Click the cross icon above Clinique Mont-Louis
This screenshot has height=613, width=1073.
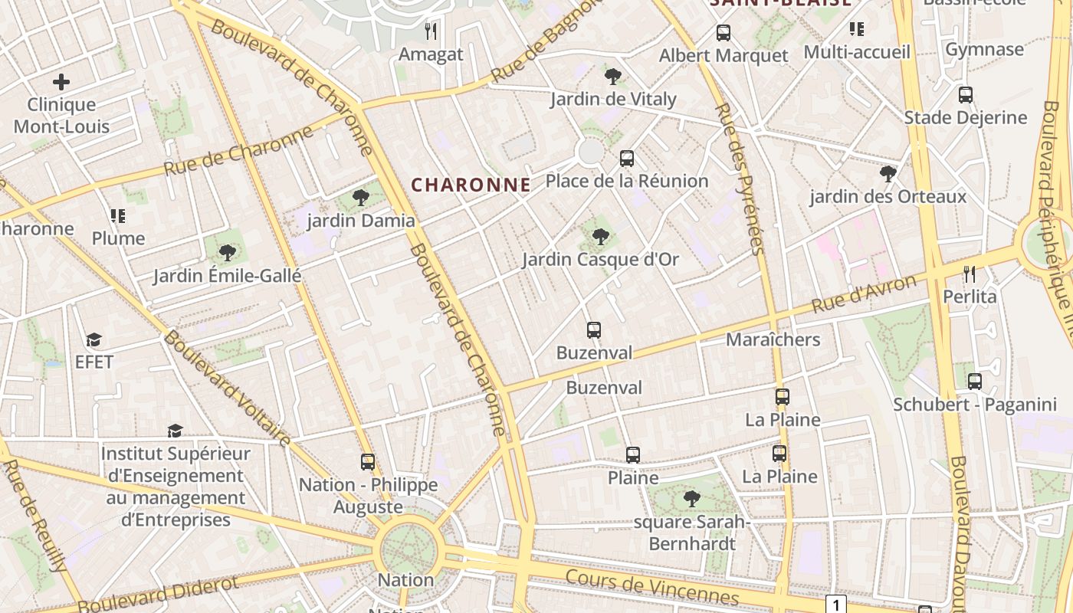click(x=61, y=82)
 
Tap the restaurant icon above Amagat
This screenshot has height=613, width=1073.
click(x=431, y=31)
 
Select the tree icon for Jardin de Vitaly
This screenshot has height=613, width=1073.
click(x=612, y=76)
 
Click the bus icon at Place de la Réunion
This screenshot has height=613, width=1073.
click(x=627, y=159)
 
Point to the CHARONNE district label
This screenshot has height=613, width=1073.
click(x=471, y=185)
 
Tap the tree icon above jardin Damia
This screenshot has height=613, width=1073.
click(x=360, y=198)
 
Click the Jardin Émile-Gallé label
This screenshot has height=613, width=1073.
click(x=227, y=276)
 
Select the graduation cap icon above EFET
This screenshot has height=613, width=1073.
click(x=94, y=339)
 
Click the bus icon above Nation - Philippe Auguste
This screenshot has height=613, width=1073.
click(x=368, y=462)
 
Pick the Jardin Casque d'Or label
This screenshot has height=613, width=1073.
click(x=600, y=260)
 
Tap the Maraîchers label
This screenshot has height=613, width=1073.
click(x=773, y=339)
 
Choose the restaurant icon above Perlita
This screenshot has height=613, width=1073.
click(x=970, y=274)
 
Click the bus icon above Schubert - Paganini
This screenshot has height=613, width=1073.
click(x=974, y=382)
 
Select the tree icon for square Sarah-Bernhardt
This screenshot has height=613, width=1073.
click(x=691, y=499)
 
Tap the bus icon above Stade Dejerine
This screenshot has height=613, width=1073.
click(x=965, y=95)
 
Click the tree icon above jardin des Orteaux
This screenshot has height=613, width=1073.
click(x=888, y=174)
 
